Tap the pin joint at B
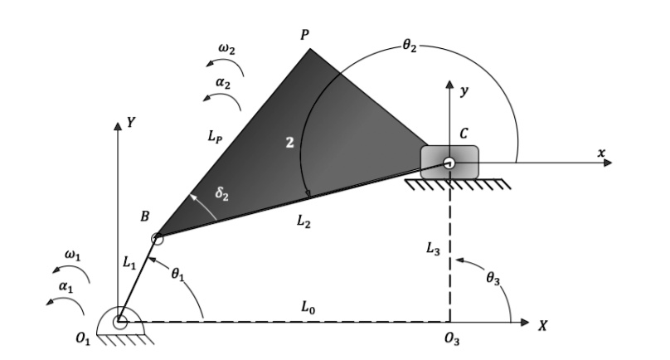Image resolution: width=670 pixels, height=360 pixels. [158, 239]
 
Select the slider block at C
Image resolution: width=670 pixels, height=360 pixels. [449, 161]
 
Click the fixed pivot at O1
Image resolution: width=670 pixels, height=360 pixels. [120, 320]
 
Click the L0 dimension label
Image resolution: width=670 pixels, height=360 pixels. [309, 308]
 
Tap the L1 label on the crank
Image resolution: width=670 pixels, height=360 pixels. [128, 263]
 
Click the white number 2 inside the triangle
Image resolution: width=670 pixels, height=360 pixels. [289, 144]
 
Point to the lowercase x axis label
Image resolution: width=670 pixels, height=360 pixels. [601, 153]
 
